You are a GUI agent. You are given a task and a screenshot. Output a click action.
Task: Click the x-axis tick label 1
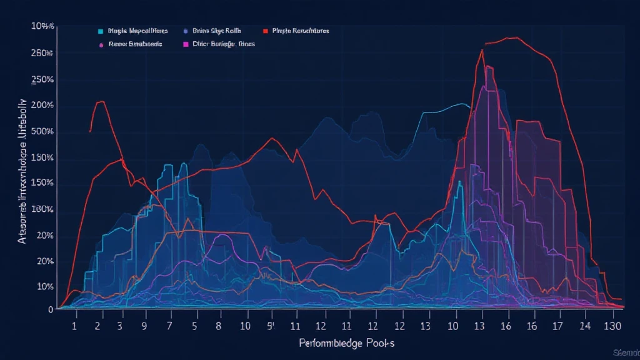[75, 326]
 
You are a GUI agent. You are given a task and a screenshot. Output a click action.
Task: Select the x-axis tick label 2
[99, 326]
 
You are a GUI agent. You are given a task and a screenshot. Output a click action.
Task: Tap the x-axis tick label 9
[144, 326]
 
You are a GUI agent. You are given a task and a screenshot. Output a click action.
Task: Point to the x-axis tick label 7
[169, 326]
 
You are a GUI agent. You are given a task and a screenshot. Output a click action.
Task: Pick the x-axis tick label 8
[219, 326]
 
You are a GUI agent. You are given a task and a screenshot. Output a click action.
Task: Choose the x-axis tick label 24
[584, 326]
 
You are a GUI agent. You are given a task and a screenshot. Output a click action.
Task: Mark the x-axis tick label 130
[612, 326]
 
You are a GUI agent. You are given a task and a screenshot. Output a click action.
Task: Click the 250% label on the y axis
[42, 81]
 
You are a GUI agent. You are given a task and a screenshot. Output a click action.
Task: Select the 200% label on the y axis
[42, 106]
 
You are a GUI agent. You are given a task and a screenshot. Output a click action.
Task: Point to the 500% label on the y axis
[42, 132]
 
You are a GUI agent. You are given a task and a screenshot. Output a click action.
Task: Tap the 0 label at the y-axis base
[50, 309]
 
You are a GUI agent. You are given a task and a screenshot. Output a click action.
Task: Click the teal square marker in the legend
[101, 31]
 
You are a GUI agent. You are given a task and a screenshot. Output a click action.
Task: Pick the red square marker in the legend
[266, 31]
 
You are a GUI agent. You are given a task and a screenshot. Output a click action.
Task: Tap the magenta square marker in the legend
[186, 45]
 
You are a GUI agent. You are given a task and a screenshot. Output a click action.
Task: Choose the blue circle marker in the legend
[186, 31]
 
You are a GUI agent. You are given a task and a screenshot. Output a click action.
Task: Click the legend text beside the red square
[301, 31]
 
